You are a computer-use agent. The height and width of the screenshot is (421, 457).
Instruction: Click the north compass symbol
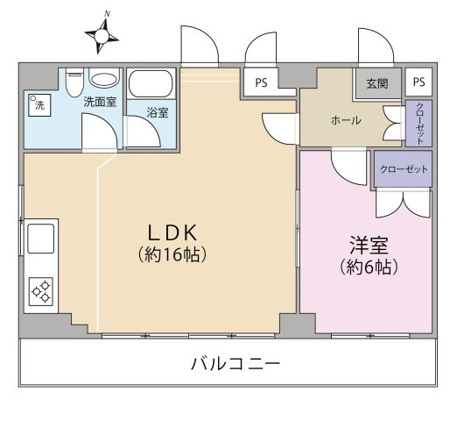click(x=102, y=35)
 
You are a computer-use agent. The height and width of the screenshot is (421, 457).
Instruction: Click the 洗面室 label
click(x=100, y=103)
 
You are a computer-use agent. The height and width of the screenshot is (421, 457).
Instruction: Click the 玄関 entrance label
click(x=377, y=84)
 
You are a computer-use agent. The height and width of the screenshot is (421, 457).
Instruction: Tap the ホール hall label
click(x=347, y=120)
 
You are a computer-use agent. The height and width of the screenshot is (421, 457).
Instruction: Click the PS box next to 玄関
click(x=418, y=83)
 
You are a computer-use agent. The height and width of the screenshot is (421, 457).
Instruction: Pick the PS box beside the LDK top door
click(x=260, y=83)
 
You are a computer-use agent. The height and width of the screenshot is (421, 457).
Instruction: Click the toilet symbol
click(x=74, y=81)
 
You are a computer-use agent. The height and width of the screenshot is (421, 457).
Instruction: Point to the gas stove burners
click(x=41, y=290)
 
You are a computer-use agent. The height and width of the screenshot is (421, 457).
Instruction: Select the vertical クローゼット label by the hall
click(x=418, y=124)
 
